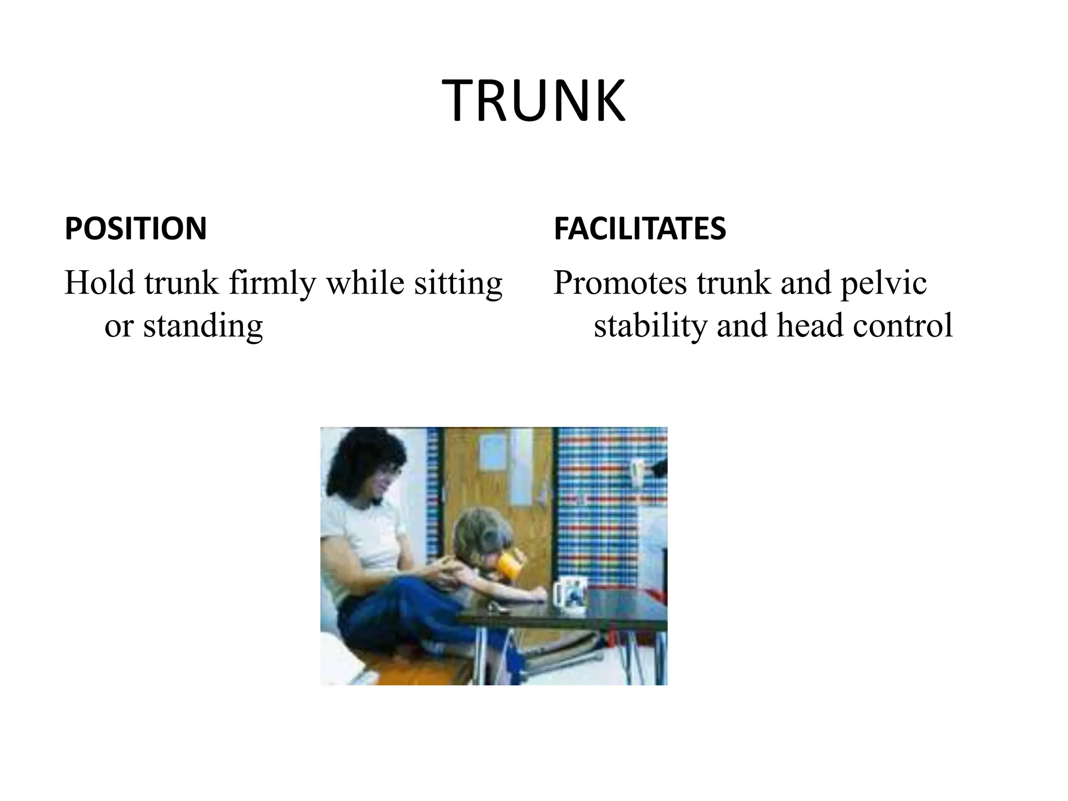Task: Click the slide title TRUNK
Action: click(533, 101)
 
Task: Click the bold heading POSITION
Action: click(136, 228)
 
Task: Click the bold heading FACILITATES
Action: click(639, 228)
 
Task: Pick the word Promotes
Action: click(620, 283)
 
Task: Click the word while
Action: click(365, 283)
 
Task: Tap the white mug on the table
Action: click(571, 594)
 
